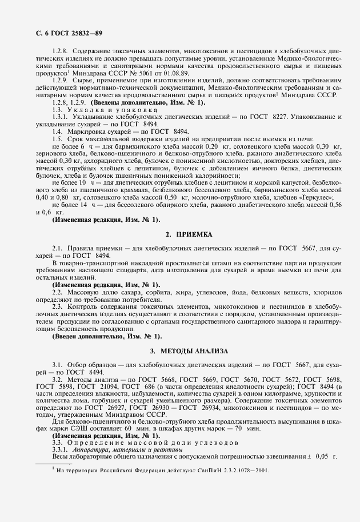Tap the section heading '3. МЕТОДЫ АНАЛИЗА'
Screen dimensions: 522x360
pyautogui.click(x=189, y=350)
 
